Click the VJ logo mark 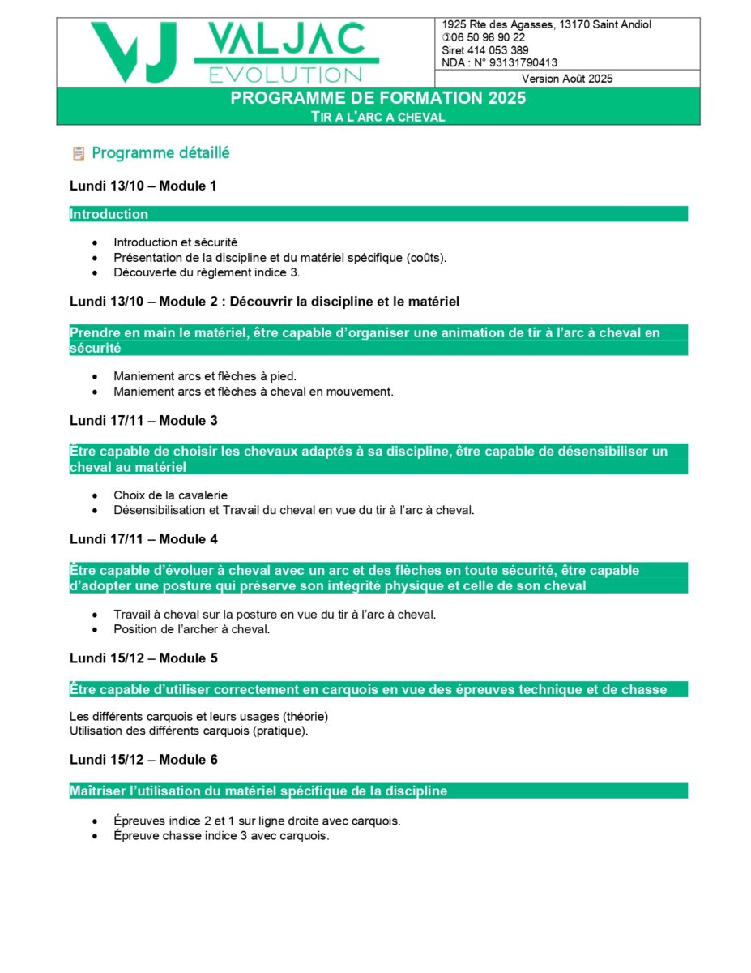134,52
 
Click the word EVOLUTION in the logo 286,75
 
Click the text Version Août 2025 567,79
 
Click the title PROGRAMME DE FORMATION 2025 378,98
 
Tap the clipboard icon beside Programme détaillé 79,153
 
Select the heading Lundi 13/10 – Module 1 143,186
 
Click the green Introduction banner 378,214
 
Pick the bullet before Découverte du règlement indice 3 96,273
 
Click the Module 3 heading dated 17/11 143,421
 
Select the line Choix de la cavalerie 170,495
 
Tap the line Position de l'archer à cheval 191,629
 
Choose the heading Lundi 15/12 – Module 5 143,658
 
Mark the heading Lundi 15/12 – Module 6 143,760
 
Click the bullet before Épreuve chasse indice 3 96,837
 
